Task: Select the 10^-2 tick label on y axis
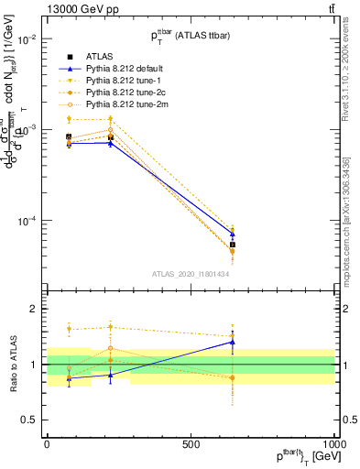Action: click(x=27, y=39)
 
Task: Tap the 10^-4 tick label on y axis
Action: click(x=27, y=221)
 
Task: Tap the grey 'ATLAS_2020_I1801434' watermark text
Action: click(x=191, y=274)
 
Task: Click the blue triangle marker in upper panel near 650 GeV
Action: click(x=232, y=234)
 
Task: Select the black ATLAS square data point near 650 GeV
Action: click(x=232, y=245)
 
